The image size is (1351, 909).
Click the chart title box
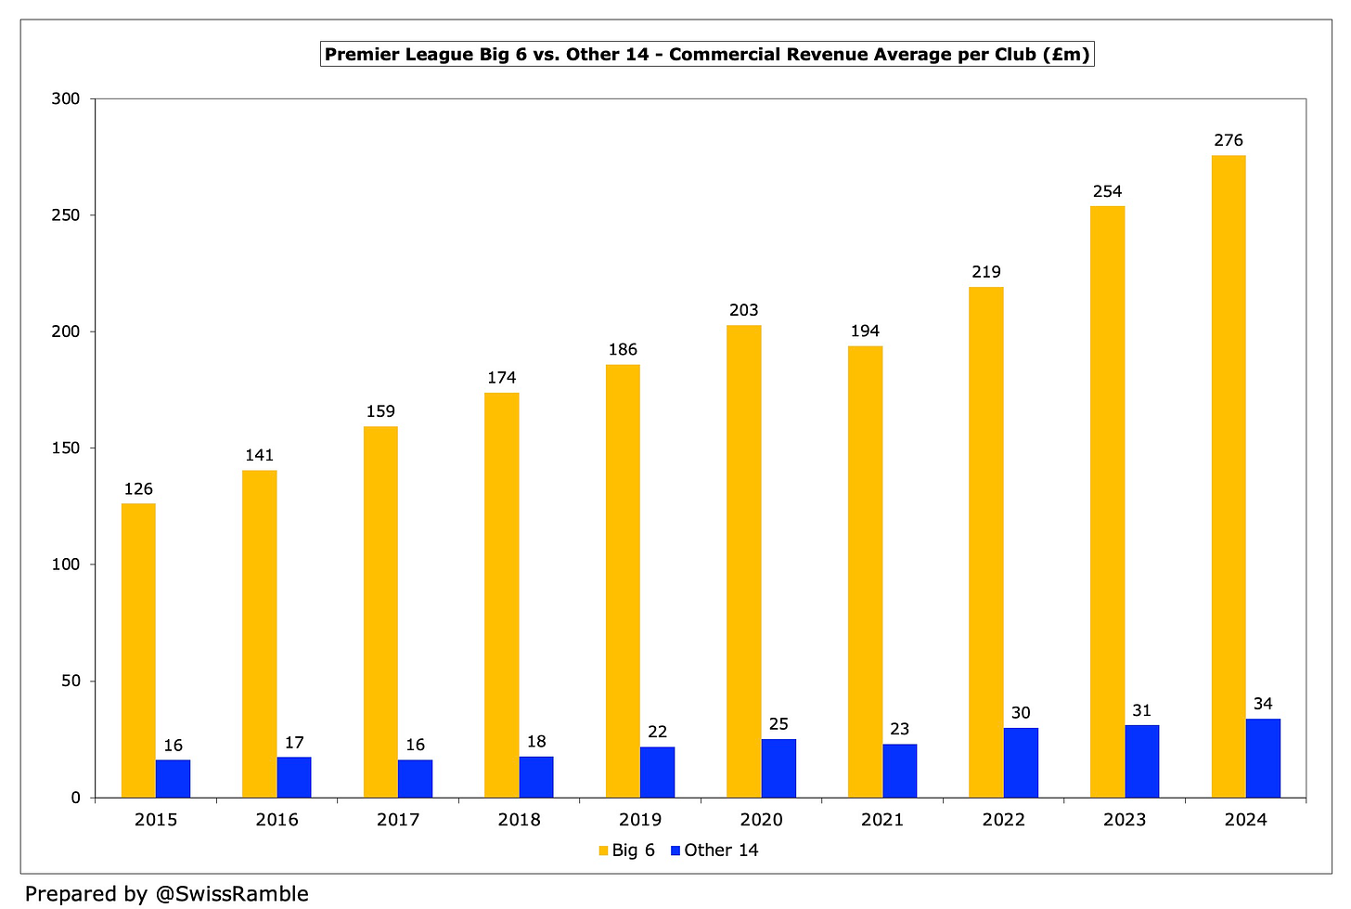pos(707,55)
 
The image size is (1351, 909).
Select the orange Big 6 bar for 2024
pos(1229,476)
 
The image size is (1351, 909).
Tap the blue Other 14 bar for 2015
pos(174,779)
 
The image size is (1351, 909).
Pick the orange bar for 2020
pos(743,562)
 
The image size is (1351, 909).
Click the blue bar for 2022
pos(1021,763)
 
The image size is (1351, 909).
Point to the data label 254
pos(1107,191)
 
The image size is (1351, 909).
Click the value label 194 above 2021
pos(865,331)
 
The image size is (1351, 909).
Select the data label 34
pos(1263,704)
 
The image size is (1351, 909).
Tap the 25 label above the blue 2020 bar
pos(778,723)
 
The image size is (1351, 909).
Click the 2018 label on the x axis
pos(520,820)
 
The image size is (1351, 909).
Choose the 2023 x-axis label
pos(1125,820)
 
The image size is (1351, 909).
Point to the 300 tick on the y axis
pos(66,99)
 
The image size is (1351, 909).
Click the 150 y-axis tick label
pos(66,448)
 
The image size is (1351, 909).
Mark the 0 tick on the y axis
pos(75,798)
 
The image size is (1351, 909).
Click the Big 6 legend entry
pos(626,851)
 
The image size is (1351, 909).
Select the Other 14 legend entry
pos(714,851)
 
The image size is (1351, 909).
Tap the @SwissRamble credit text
pos(232,894)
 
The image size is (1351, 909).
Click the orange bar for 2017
pos(380,612)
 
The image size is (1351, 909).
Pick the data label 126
pos(138,489)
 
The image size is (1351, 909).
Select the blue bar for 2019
pos(657,773)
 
